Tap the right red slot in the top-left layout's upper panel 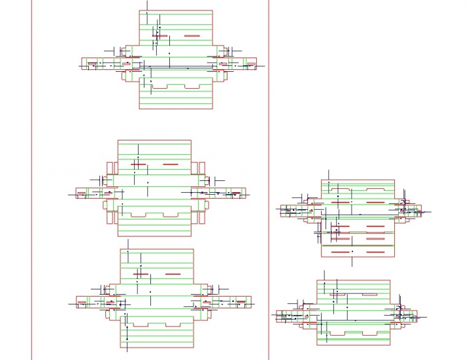click(x=192, y=36)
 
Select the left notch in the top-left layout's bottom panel click(x=161, y=86)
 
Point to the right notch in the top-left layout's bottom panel click(x=192, y=86)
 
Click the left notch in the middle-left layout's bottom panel click(x=139, y=214)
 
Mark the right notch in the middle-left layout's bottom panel click(x=171, y=214)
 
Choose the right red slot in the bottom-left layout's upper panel click(x=173, y=274)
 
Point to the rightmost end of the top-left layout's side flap click(x=256, y=63)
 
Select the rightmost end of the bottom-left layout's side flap click(x=251, y=302)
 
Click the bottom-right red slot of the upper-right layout click(x=375, y=252)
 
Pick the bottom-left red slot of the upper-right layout click(x=341, y=252)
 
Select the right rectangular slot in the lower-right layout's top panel click(x=370, y=294)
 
